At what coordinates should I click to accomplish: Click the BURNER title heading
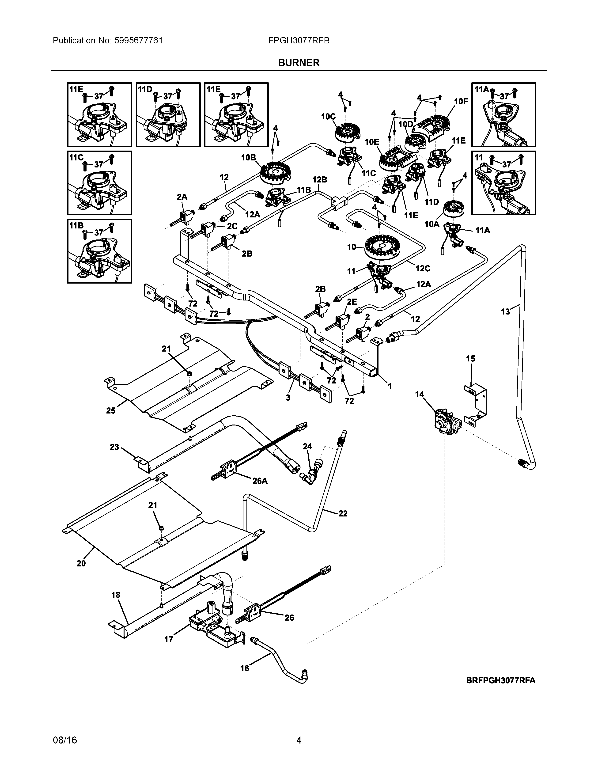pos(299,63)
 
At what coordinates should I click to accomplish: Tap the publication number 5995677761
pos(139,40)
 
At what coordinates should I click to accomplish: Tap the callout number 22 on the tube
pos(343,513)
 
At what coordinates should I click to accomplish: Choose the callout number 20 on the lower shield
pos(81,563)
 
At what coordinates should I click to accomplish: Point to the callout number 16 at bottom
pos(244,668)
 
